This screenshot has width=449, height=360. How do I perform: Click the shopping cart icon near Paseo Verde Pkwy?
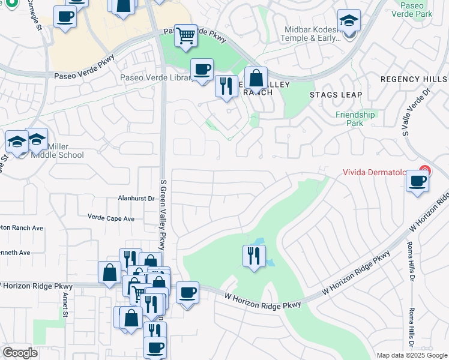(x=186, y=36)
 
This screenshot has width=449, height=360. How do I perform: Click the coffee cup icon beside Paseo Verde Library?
(x=202, y=69)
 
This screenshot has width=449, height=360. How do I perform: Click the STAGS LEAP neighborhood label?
(x=336, y=95)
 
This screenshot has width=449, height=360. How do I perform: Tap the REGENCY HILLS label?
(x=414, y=79)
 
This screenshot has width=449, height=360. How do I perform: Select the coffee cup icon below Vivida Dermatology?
(x=417, y=181)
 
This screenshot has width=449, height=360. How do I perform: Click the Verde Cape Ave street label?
(x=111, y=218)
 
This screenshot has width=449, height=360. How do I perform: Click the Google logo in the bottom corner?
(x=20, y=353)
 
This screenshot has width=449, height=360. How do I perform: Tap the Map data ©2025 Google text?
(x=412, y=355)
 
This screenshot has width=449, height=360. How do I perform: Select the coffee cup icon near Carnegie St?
(x=65, y=17)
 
